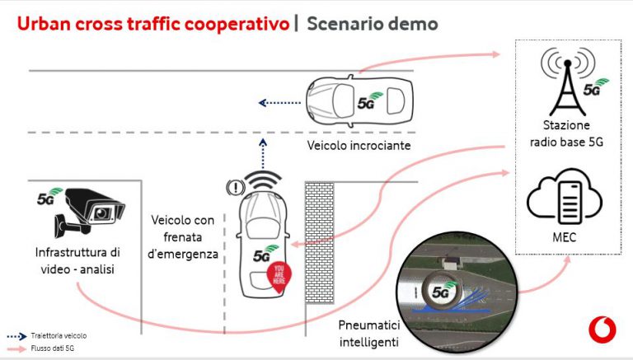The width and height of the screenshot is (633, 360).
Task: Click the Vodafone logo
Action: [603, 329]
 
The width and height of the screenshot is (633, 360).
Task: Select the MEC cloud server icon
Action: [565, 197]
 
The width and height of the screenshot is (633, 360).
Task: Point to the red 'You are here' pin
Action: [279, 278]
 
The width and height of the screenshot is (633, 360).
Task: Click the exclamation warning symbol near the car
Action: [236, 187]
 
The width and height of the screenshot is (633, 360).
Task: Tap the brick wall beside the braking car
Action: [319, 242]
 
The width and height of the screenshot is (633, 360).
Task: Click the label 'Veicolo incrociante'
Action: [359, 145]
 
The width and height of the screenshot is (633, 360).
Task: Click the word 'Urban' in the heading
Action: [44, 24]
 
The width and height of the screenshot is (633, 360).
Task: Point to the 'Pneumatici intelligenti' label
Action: [368, 334]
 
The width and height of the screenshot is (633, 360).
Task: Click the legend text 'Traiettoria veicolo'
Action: [59, 336]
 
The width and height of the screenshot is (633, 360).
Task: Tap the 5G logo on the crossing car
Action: [369, 101]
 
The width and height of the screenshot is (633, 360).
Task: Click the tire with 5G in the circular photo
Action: [440, 290]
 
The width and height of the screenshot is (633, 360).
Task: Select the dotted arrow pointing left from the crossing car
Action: [279, 103]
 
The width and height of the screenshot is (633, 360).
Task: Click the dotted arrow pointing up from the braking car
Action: [263, 153]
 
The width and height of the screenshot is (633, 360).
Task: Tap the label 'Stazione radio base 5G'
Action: [566, 133]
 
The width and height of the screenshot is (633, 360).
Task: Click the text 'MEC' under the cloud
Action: [565, 237]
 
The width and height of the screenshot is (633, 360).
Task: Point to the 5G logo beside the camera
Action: [49, 196]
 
